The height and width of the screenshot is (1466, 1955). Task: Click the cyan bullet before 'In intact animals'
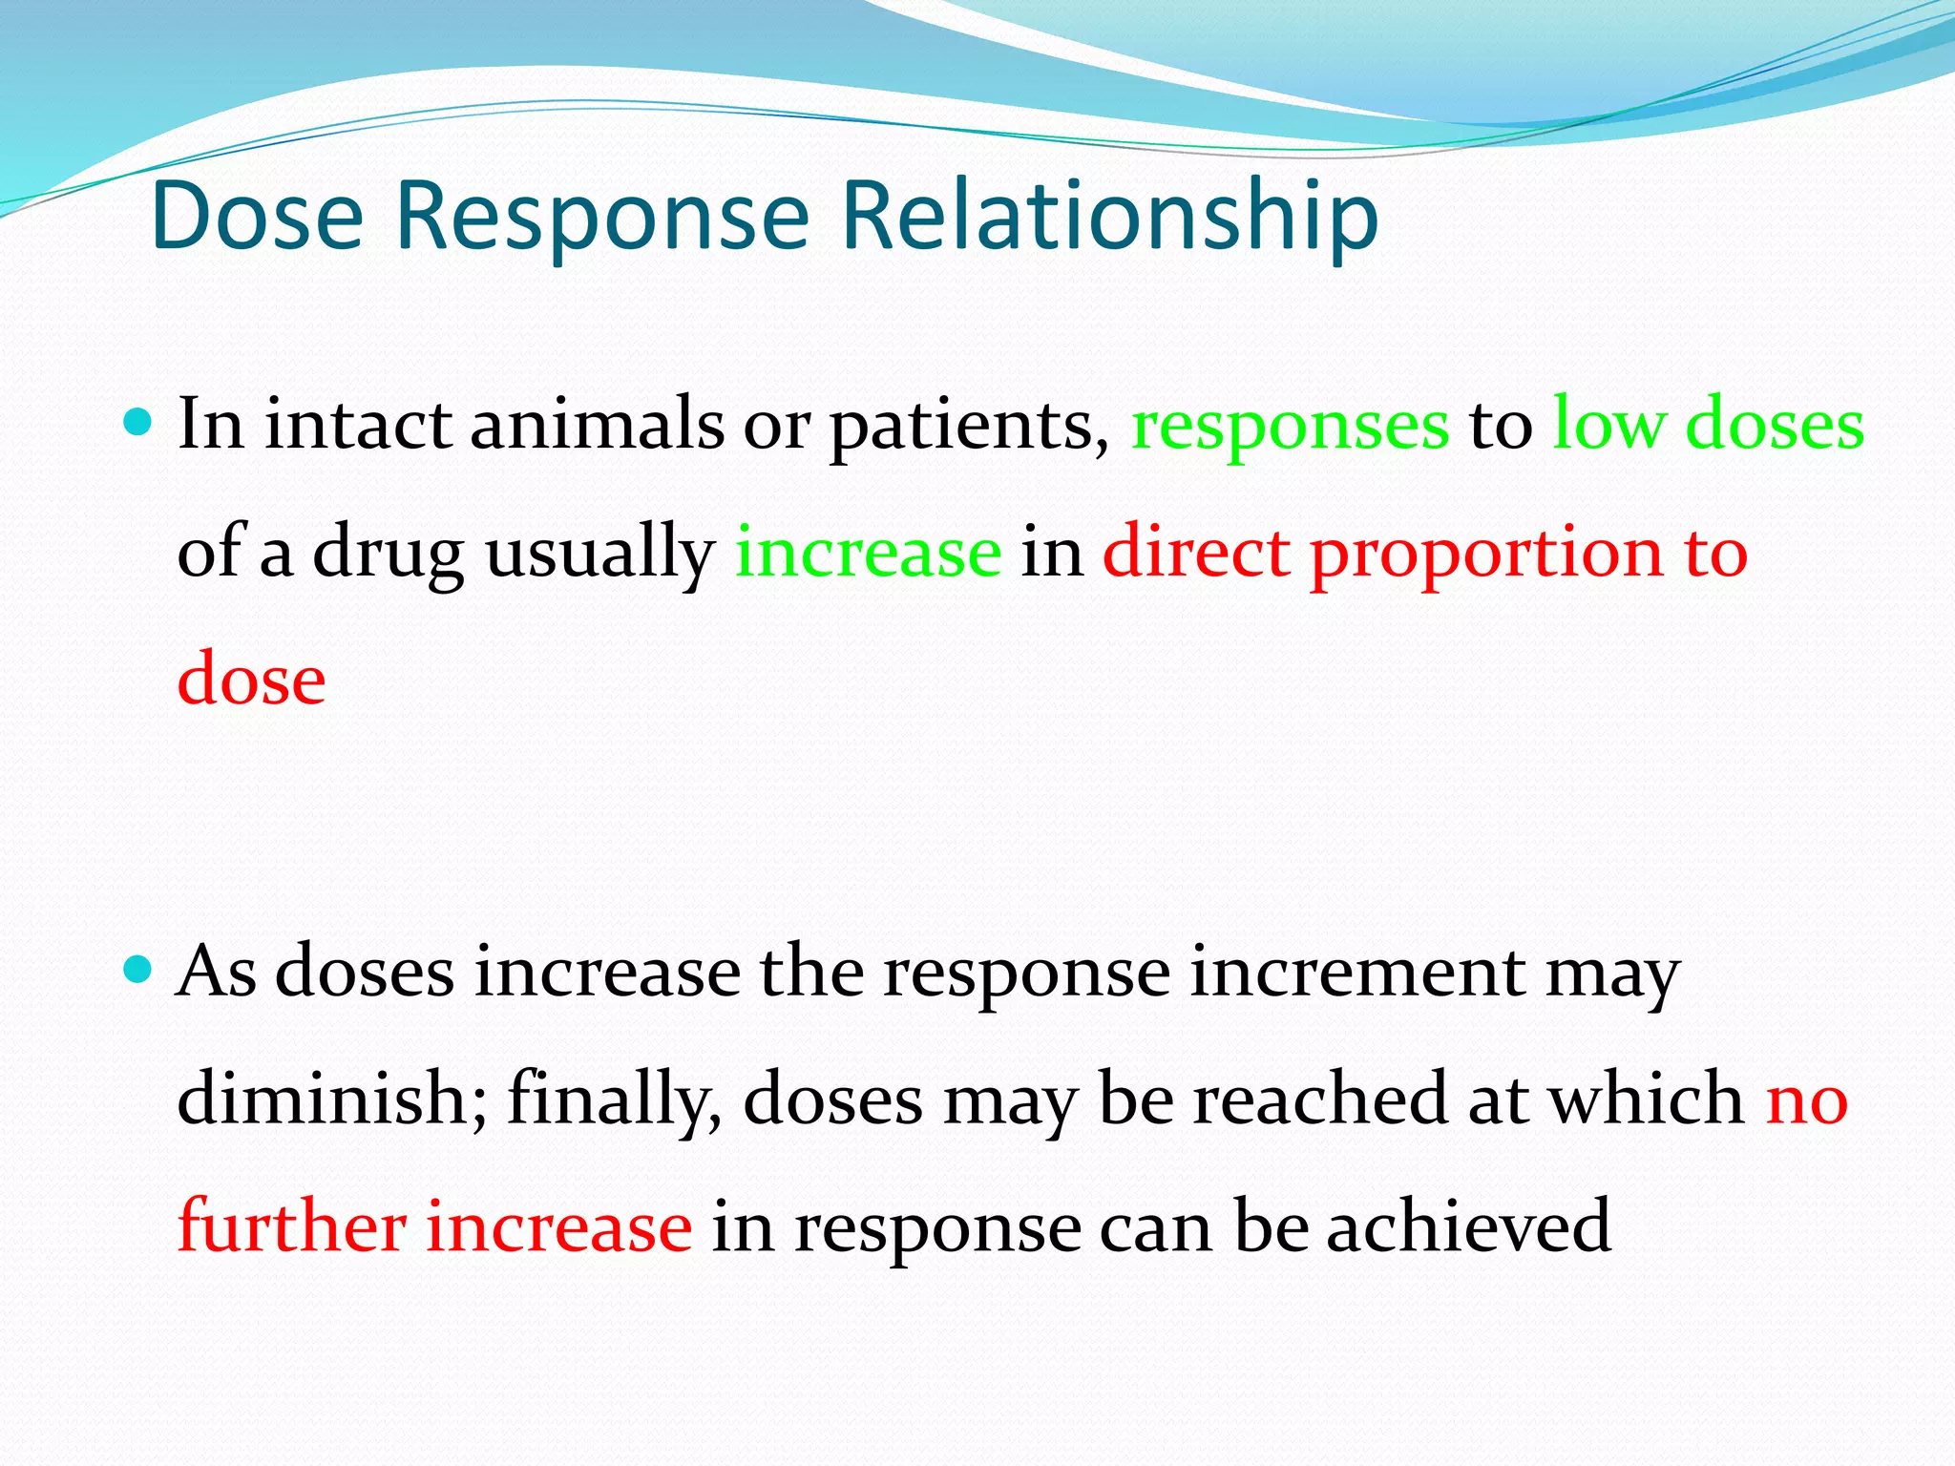[139, 421]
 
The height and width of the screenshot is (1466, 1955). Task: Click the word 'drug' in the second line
[389, 554]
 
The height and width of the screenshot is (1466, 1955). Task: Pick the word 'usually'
[599, 554]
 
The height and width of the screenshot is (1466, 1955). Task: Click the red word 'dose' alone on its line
[252, 679]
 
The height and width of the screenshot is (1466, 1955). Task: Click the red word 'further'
[292, 1225]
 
